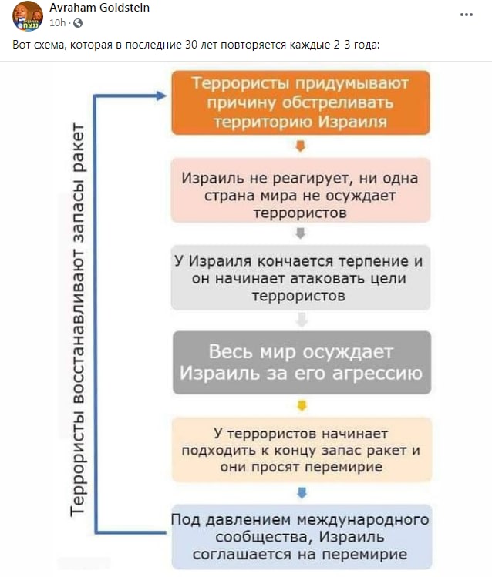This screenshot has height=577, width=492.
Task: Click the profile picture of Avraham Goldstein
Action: (x=28, y=16)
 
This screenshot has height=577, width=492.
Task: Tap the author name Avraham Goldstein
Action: (x=99, y=8)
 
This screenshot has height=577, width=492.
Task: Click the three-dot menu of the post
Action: (x=467, y=15)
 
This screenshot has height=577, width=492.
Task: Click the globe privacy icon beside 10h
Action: (x=78, y=23)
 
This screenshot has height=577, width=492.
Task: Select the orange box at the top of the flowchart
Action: (x=301, y=102)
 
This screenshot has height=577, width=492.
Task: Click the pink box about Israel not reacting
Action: (x=301, y=190)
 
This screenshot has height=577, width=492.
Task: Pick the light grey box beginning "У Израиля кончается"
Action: (x=301, y=277)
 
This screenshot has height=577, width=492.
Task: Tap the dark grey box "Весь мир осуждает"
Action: (x=302, y=363)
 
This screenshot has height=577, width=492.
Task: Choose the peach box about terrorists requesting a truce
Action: (x=302, y=450)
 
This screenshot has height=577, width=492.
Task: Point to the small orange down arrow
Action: (x=301, y=146)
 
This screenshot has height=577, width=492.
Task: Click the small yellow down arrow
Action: (x=302, y=406)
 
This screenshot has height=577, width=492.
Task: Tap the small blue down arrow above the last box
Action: (x=302, y=493)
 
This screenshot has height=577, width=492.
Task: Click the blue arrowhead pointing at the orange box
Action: (x=161, y=96)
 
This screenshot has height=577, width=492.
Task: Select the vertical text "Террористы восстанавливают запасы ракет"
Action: (x=78, y=320)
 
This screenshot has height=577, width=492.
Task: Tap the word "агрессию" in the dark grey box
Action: (x=377, y=374)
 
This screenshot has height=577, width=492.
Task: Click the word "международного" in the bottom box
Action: (x=362, y=520)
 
